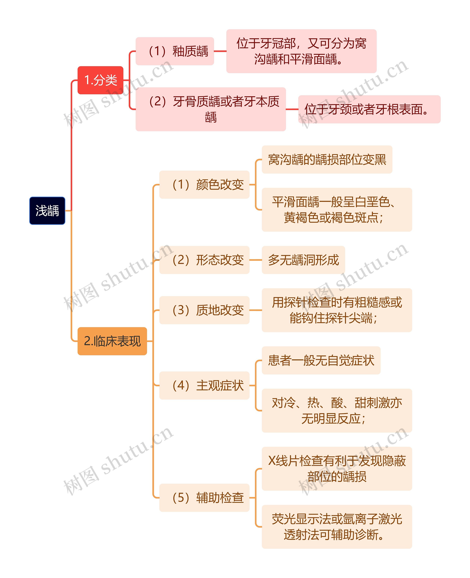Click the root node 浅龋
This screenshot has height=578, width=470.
[47, 210]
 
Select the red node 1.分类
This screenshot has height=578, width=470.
[100, 80]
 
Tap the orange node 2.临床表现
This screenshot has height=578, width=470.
[112, 341]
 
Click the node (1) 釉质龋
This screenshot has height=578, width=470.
[175, 51]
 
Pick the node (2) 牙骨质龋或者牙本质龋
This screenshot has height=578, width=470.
[211, 109]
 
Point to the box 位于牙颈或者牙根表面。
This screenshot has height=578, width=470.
[369, 109]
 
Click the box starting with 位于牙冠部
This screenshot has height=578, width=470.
[301, 51]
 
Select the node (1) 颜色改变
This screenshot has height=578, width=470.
[204, 185]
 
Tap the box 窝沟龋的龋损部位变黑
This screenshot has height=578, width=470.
[327, 159]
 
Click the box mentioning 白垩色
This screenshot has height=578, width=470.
[337, 210]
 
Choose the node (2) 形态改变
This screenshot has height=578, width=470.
[204, 260]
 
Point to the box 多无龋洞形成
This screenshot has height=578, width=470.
[303, 260]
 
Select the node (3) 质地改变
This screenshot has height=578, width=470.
[204, 310]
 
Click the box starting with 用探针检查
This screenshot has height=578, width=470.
[337, 310]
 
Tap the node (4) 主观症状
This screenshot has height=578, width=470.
[204, 385]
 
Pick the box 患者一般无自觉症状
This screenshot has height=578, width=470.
[321, 360]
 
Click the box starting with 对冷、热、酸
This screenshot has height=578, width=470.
[337, 411]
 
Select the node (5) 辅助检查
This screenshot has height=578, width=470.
[204, 498]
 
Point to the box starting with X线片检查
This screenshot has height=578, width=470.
[337, 469]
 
